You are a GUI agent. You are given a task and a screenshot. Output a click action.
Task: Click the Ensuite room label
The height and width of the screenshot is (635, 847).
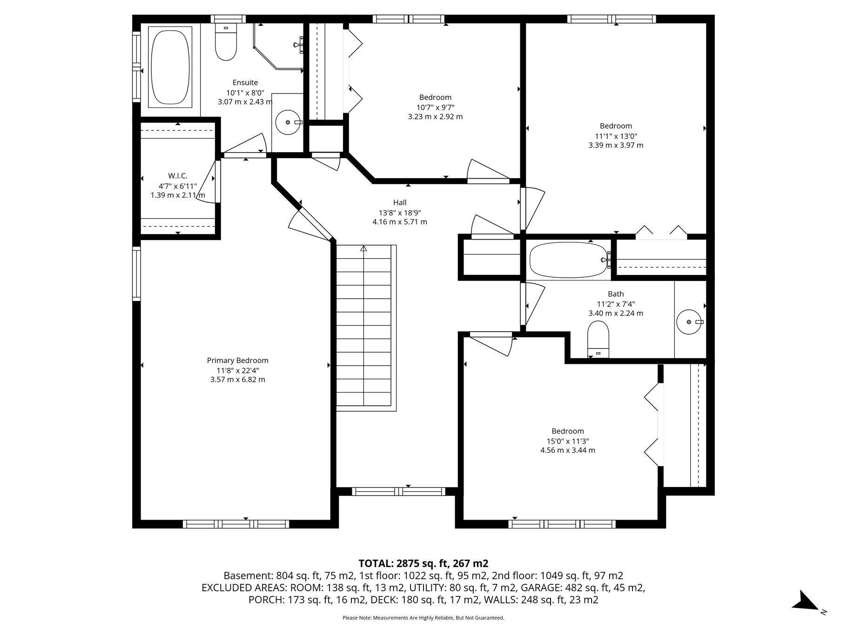(x=245, y=83)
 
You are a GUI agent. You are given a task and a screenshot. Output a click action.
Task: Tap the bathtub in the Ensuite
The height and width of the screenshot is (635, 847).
(x=170, y=67)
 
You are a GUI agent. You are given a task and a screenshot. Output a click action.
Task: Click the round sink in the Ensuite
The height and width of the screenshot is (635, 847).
(x=288, y=122)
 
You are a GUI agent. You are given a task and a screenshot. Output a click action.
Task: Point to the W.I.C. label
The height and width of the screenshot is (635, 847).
(x=178, y=176)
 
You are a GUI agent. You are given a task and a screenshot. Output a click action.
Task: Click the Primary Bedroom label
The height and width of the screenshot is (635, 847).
(x=238, y=361)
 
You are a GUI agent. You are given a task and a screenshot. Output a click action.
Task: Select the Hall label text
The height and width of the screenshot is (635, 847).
(x=400, y=202)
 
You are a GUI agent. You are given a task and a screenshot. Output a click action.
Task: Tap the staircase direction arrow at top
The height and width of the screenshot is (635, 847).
(x=363, y=248)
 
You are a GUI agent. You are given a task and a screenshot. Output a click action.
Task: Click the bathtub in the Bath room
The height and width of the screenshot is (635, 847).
(x=568, y=260)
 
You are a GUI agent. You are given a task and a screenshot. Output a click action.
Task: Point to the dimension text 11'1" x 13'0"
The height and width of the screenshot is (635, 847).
(x=616, y=136)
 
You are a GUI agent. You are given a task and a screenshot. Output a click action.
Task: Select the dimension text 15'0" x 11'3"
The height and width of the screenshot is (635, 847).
(x=568, y=441)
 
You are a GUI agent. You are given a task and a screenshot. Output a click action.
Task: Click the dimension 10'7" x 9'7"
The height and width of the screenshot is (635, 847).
(x=436, y=107)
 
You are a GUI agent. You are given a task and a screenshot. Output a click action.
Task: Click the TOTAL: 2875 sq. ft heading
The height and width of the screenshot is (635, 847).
(x=423, y=563)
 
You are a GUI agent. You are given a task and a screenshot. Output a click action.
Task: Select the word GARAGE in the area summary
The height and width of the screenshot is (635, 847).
(x=539, y=588)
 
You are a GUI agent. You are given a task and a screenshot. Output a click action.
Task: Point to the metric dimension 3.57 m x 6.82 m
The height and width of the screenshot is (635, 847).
(x=238, y=380)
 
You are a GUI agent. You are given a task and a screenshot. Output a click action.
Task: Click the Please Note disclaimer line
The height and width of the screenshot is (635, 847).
(x=423, y=618)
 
